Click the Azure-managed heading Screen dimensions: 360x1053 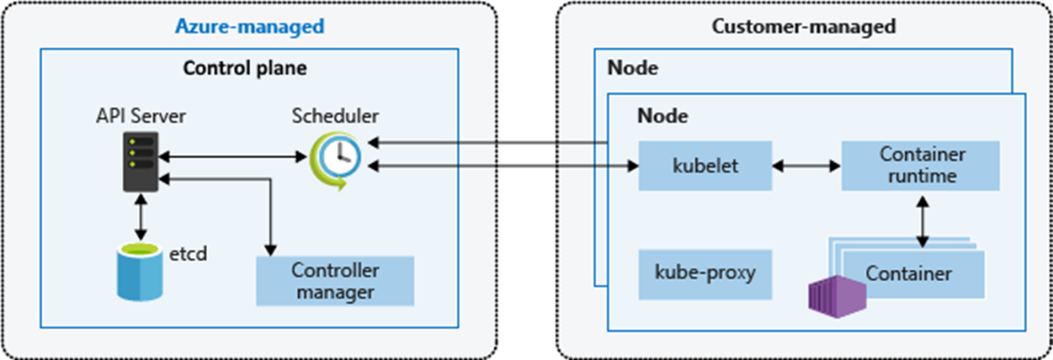[x=250, y=27]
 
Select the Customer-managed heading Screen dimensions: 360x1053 [x=803, y=27]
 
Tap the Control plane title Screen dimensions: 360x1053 [x=245, y=69]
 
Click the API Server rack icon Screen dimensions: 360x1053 [x=141, y=162]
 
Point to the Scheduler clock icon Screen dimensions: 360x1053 [x=335, y=160]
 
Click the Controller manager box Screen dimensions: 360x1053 [x=335, y=280]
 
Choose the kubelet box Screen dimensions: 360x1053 [x=705, y=165]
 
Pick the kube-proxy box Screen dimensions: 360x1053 [x=705, y=274]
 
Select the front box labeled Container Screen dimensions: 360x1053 [x=912, y=274]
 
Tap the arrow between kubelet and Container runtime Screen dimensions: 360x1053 [x=807, y=165]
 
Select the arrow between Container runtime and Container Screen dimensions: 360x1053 [x=923, y=221]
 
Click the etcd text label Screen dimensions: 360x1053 [x=187, y=255]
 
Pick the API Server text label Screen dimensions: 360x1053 [x=141, y=117]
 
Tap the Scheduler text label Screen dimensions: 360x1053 [x=335, y=117]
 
